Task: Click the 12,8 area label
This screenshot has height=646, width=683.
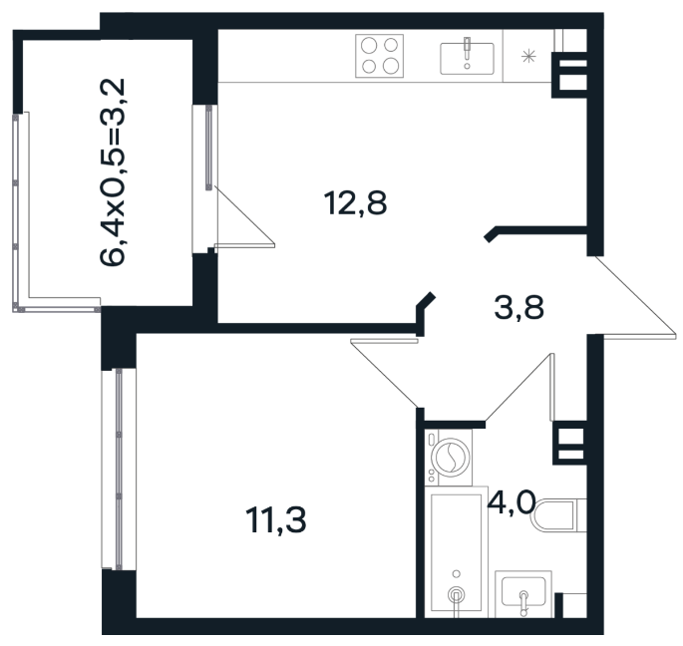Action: pyautogui.click(x=355, y=203)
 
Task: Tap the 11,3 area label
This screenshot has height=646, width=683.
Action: pyautogui.click(x=276, y=520)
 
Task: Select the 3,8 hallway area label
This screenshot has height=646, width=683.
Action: pyautogui.click(x=518, y=307)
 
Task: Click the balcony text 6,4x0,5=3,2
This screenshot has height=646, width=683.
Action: pyautogui.click(x=113, y=171)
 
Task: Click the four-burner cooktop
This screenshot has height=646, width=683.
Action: pyautogui.click(x=380, y=56)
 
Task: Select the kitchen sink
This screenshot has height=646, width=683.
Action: pyautogui.click(x=467, y=59)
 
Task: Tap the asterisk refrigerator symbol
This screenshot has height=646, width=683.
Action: pyautogui.click(x=528, y=56)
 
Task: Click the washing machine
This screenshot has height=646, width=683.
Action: pyautogui.click(x=449, y=458)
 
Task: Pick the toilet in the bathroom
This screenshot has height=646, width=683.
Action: pyautogui.click(x=559, y=515)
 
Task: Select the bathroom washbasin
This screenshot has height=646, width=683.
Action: pyautogui.click(x=523, y=593)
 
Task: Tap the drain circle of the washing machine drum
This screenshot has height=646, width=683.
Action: pyautogui.click(x=452, y=457)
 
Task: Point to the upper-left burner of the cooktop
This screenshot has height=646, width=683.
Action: pyautogui.click(x=369, y=45)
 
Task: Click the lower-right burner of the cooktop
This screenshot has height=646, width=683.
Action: pyautogui.click(x=391, y=66)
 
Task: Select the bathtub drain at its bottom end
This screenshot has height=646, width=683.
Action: pyautogui.click(x=456, y=594)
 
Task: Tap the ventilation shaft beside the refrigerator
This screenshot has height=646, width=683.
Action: pyautogui.click(x=570, y=75)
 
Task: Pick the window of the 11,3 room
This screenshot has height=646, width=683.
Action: pyautogui.click(x=119, y=469)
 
